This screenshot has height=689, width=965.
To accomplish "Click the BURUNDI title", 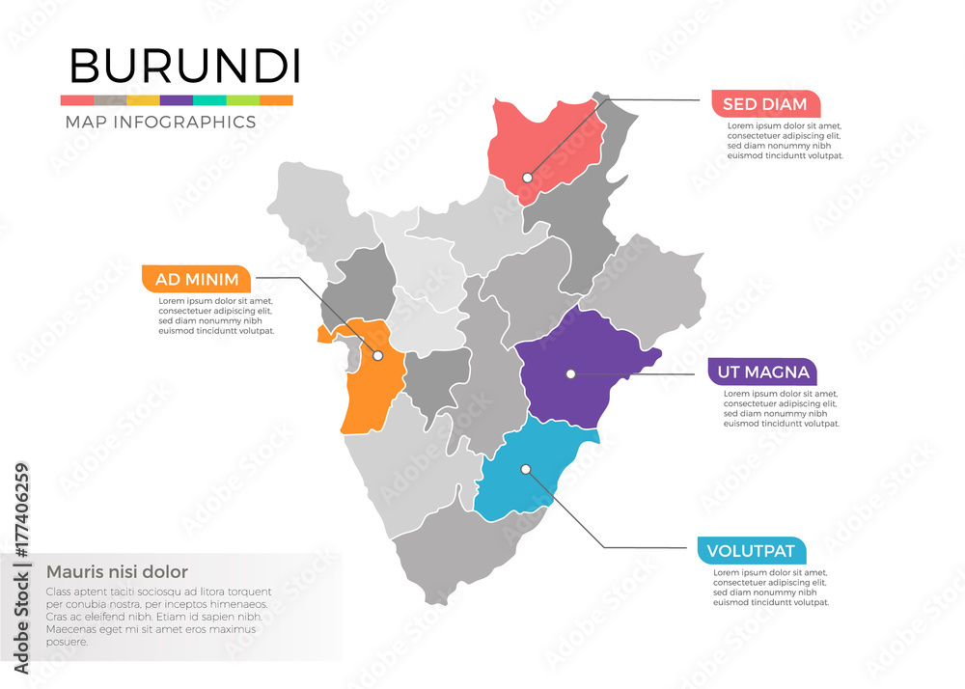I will pos(184,66).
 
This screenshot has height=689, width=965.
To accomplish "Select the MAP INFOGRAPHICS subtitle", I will pos(160,123).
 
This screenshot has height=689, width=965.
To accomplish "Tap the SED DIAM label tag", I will pos(764,103).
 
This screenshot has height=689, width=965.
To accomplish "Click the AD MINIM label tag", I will pos(196,280).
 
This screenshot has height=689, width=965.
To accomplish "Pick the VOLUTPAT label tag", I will pos(751,552).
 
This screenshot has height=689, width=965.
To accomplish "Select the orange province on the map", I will pos(367,386).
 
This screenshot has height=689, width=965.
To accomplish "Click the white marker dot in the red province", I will pos(528,178).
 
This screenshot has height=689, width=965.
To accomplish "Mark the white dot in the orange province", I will pos(378,355).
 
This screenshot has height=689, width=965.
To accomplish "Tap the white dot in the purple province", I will pos(570,373).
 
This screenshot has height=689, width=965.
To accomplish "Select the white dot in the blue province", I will pos(526,470).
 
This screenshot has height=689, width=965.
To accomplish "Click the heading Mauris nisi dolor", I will pos(117,571).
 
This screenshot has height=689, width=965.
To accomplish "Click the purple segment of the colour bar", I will pos(177,100).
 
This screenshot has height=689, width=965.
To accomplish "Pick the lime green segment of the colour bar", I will pos(243,100).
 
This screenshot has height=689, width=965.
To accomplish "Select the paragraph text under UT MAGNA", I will pos(782,408).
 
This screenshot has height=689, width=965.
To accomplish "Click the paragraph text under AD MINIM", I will pos(216,316).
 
